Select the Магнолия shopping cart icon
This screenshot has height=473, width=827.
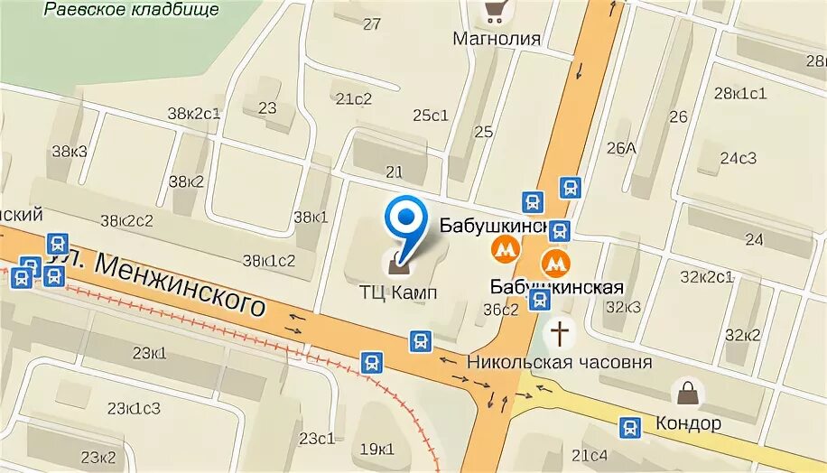point(495,12)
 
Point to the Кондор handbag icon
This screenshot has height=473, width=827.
point(688,394)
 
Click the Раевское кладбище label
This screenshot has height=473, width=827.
point(131,9)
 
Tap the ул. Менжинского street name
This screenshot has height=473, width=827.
point(159,280)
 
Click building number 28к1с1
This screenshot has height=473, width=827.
point(739,93)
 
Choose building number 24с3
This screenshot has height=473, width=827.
point(738,159)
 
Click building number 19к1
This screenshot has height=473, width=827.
point(376,449)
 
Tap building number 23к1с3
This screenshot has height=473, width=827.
point(133,409)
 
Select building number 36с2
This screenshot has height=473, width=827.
point(501,309)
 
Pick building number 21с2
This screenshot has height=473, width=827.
point(352,98)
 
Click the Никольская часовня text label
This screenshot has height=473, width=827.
point(559,362)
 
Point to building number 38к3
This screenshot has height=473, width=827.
point(69,151)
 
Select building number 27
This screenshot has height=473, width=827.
point(372,24)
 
